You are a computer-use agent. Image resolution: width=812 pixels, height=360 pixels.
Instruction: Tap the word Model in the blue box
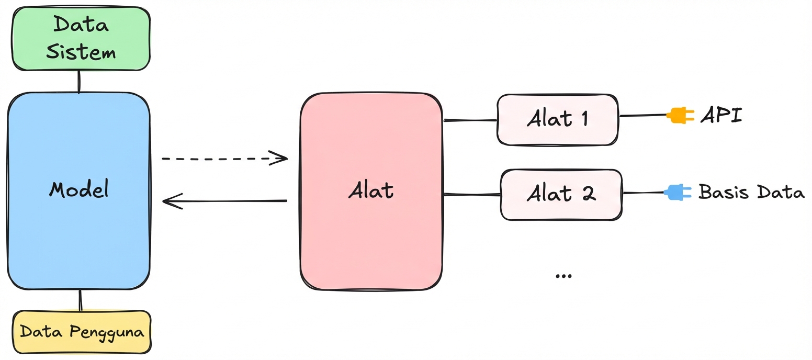point(79,189)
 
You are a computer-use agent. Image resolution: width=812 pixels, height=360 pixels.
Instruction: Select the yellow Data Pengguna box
point(82,332)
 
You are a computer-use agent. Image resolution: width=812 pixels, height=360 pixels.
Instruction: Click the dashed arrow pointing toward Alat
point(224,158)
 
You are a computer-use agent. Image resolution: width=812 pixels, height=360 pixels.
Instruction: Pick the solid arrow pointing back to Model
point(224,201)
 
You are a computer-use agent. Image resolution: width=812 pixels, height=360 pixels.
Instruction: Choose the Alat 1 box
point(557,119)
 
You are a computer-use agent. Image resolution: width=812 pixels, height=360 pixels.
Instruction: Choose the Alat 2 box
point(561,194)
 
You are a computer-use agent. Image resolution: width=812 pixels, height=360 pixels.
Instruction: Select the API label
point(721,115)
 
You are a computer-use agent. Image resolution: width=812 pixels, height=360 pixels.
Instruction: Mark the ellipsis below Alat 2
point(563,276)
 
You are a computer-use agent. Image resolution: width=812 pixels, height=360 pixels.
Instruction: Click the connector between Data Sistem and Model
point(78,82)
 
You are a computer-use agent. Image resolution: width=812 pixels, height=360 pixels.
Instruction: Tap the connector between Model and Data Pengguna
point(80,300)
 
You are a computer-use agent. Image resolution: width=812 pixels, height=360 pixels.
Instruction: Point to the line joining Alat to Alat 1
point(470,120)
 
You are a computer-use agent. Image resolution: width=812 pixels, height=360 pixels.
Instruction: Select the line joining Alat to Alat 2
point(472,195)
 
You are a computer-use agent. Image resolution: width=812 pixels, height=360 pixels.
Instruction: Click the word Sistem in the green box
point(81,52)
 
